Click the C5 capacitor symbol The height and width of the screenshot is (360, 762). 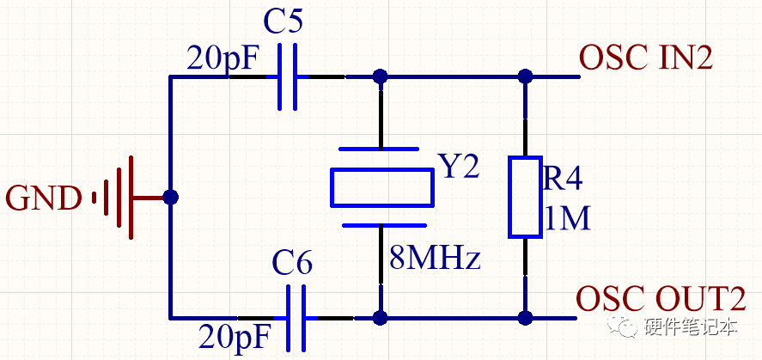pos(289,77)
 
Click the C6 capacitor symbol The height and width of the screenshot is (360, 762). pos(299,317)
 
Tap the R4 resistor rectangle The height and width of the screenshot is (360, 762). pos(525,197)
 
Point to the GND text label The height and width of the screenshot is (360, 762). pos(43,198)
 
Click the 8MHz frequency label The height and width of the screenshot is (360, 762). pos(434,258)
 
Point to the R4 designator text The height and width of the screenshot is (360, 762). pos(564,180)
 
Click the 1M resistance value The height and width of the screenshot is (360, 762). pos(567,220)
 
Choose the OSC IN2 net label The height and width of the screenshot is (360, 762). pos(646,58)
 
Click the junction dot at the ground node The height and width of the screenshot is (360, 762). pos(170,198)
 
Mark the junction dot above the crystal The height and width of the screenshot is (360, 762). pos(381,77)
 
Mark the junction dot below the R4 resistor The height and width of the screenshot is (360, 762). pos(525,317)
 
